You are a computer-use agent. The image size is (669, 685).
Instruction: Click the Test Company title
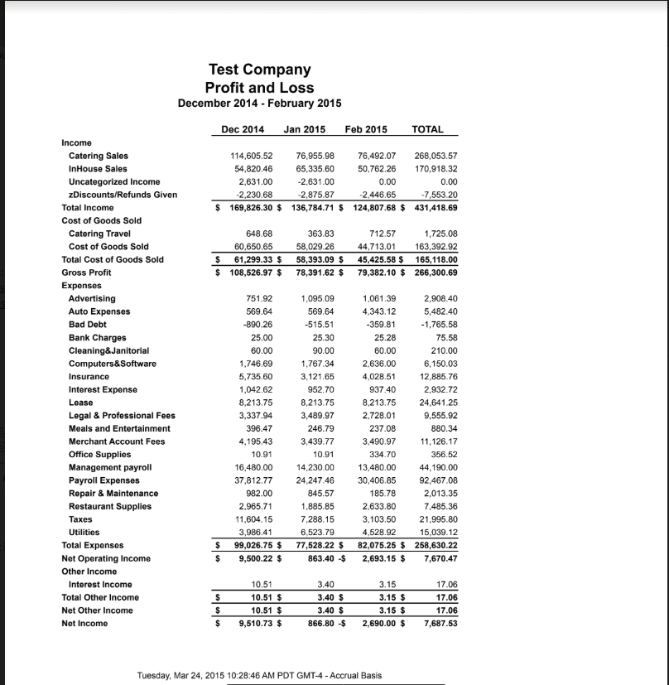point(259,70)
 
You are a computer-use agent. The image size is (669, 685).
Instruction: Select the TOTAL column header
point(427,129)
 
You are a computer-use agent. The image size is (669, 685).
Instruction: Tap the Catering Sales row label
point(98,155)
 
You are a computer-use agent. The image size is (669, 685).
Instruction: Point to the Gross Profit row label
point(86,273)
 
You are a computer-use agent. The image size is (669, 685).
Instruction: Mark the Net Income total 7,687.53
point(440,624)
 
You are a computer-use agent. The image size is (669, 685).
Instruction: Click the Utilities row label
point(84,533)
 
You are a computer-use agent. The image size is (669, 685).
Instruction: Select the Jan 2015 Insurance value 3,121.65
point(314,377)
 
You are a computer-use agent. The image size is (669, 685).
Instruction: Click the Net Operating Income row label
point(106,558)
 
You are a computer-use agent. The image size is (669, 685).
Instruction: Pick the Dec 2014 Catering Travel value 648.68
point(249,234)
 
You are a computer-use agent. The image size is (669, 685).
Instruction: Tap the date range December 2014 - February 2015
point(259,104)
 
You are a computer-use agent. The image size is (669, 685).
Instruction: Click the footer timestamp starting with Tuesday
point(259,676)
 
